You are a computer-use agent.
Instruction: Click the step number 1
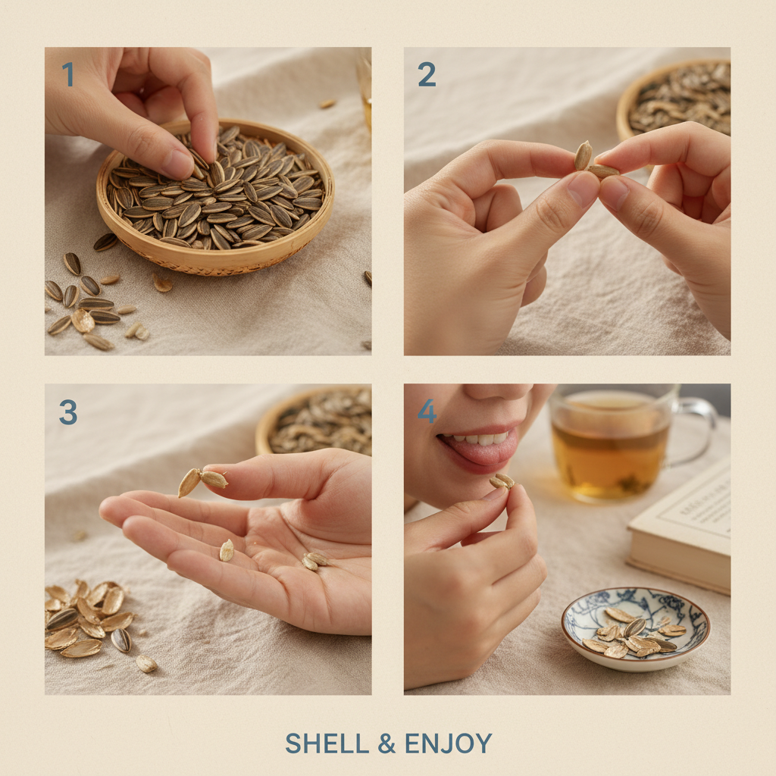[67, 75]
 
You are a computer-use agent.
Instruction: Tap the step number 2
[427, 75]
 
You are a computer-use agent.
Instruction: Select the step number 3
[68, 411]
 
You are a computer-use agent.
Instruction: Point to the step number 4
[427, 411]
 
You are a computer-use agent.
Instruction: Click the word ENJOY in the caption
[448, 743]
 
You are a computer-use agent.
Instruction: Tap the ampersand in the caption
[386, 743]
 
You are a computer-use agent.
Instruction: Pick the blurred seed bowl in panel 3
[318, 421]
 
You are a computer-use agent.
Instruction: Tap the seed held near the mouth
[502, 481]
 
